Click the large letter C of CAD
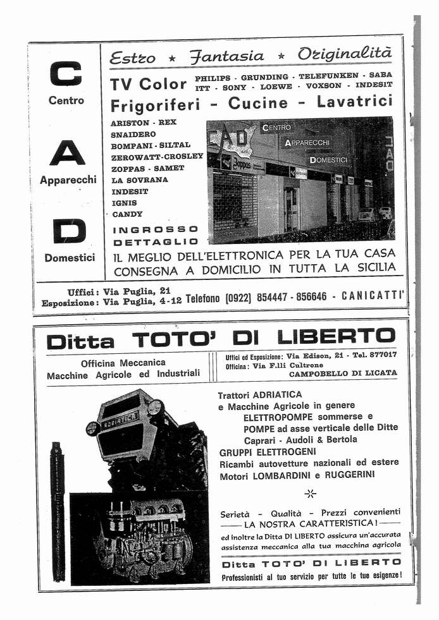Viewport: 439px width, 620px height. pyautogui.click(x=66, y=73)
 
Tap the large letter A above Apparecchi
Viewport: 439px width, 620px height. pyautogui.click(x=68, y=152)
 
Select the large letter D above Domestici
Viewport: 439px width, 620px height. pyautogui.click(x=69, y=231)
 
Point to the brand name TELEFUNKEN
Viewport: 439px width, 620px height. pyautogui.click(x=328, y=76)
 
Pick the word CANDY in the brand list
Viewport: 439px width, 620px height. pyautogui.click(x=127, y=214)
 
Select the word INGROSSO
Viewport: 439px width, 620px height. pyautogui.click(x=156, y=229)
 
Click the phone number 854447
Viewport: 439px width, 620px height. pyautogui.click(x=275, y=297)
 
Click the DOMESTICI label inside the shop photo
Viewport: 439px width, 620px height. pyautogui.click(x=329, y=160)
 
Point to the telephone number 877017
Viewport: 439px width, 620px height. pyautogui.click(x=382, y=355)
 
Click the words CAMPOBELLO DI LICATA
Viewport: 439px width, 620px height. pyautogui.click(x=343, y=374)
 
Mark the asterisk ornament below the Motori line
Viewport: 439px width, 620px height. pyautogui.click(x=310, y=493)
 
